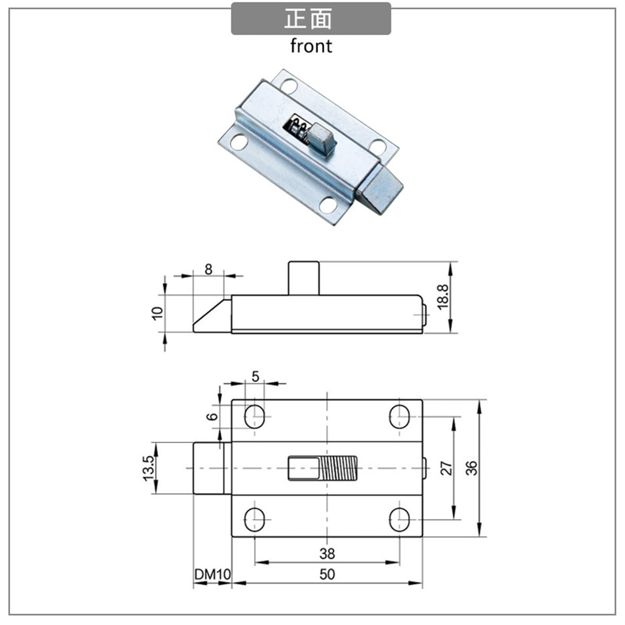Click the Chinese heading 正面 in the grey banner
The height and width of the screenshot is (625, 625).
[308, 19]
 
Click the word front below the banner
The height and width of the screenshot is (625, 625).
[311, 46]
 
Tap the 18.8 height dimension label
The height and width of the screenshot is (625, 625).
[443, 297]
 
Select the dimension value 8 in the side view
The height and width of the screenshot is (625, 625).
[208, 269]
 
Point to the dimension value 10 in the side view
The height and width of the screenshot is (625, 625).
[157, 313]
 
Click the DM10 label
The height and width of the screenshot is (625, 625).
[212, 574]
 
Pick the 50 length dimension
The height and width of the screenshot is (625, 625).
[327, 574]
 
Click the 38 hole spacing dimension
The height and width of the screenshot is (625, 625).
[327, 553]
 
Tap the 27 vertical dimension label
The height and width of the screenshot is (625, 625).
[446, 468]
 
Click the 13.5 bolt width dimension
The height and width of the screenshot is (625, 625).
[149, 468]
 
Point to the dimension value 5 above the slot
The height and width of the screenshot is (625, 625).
[255, 377]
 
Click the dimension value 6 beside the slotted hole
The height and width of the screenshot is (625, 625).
[212, 416]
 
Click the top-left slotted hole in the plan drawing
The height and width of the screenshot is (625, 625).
[254, 416]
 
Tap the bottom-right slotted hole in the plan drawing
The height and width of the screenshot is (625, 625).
[399, 520]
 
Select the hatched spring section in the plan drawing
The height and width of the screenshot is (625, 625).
[339, 468]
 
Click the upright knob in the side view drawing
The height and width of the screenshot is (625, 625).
[304, 278]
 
